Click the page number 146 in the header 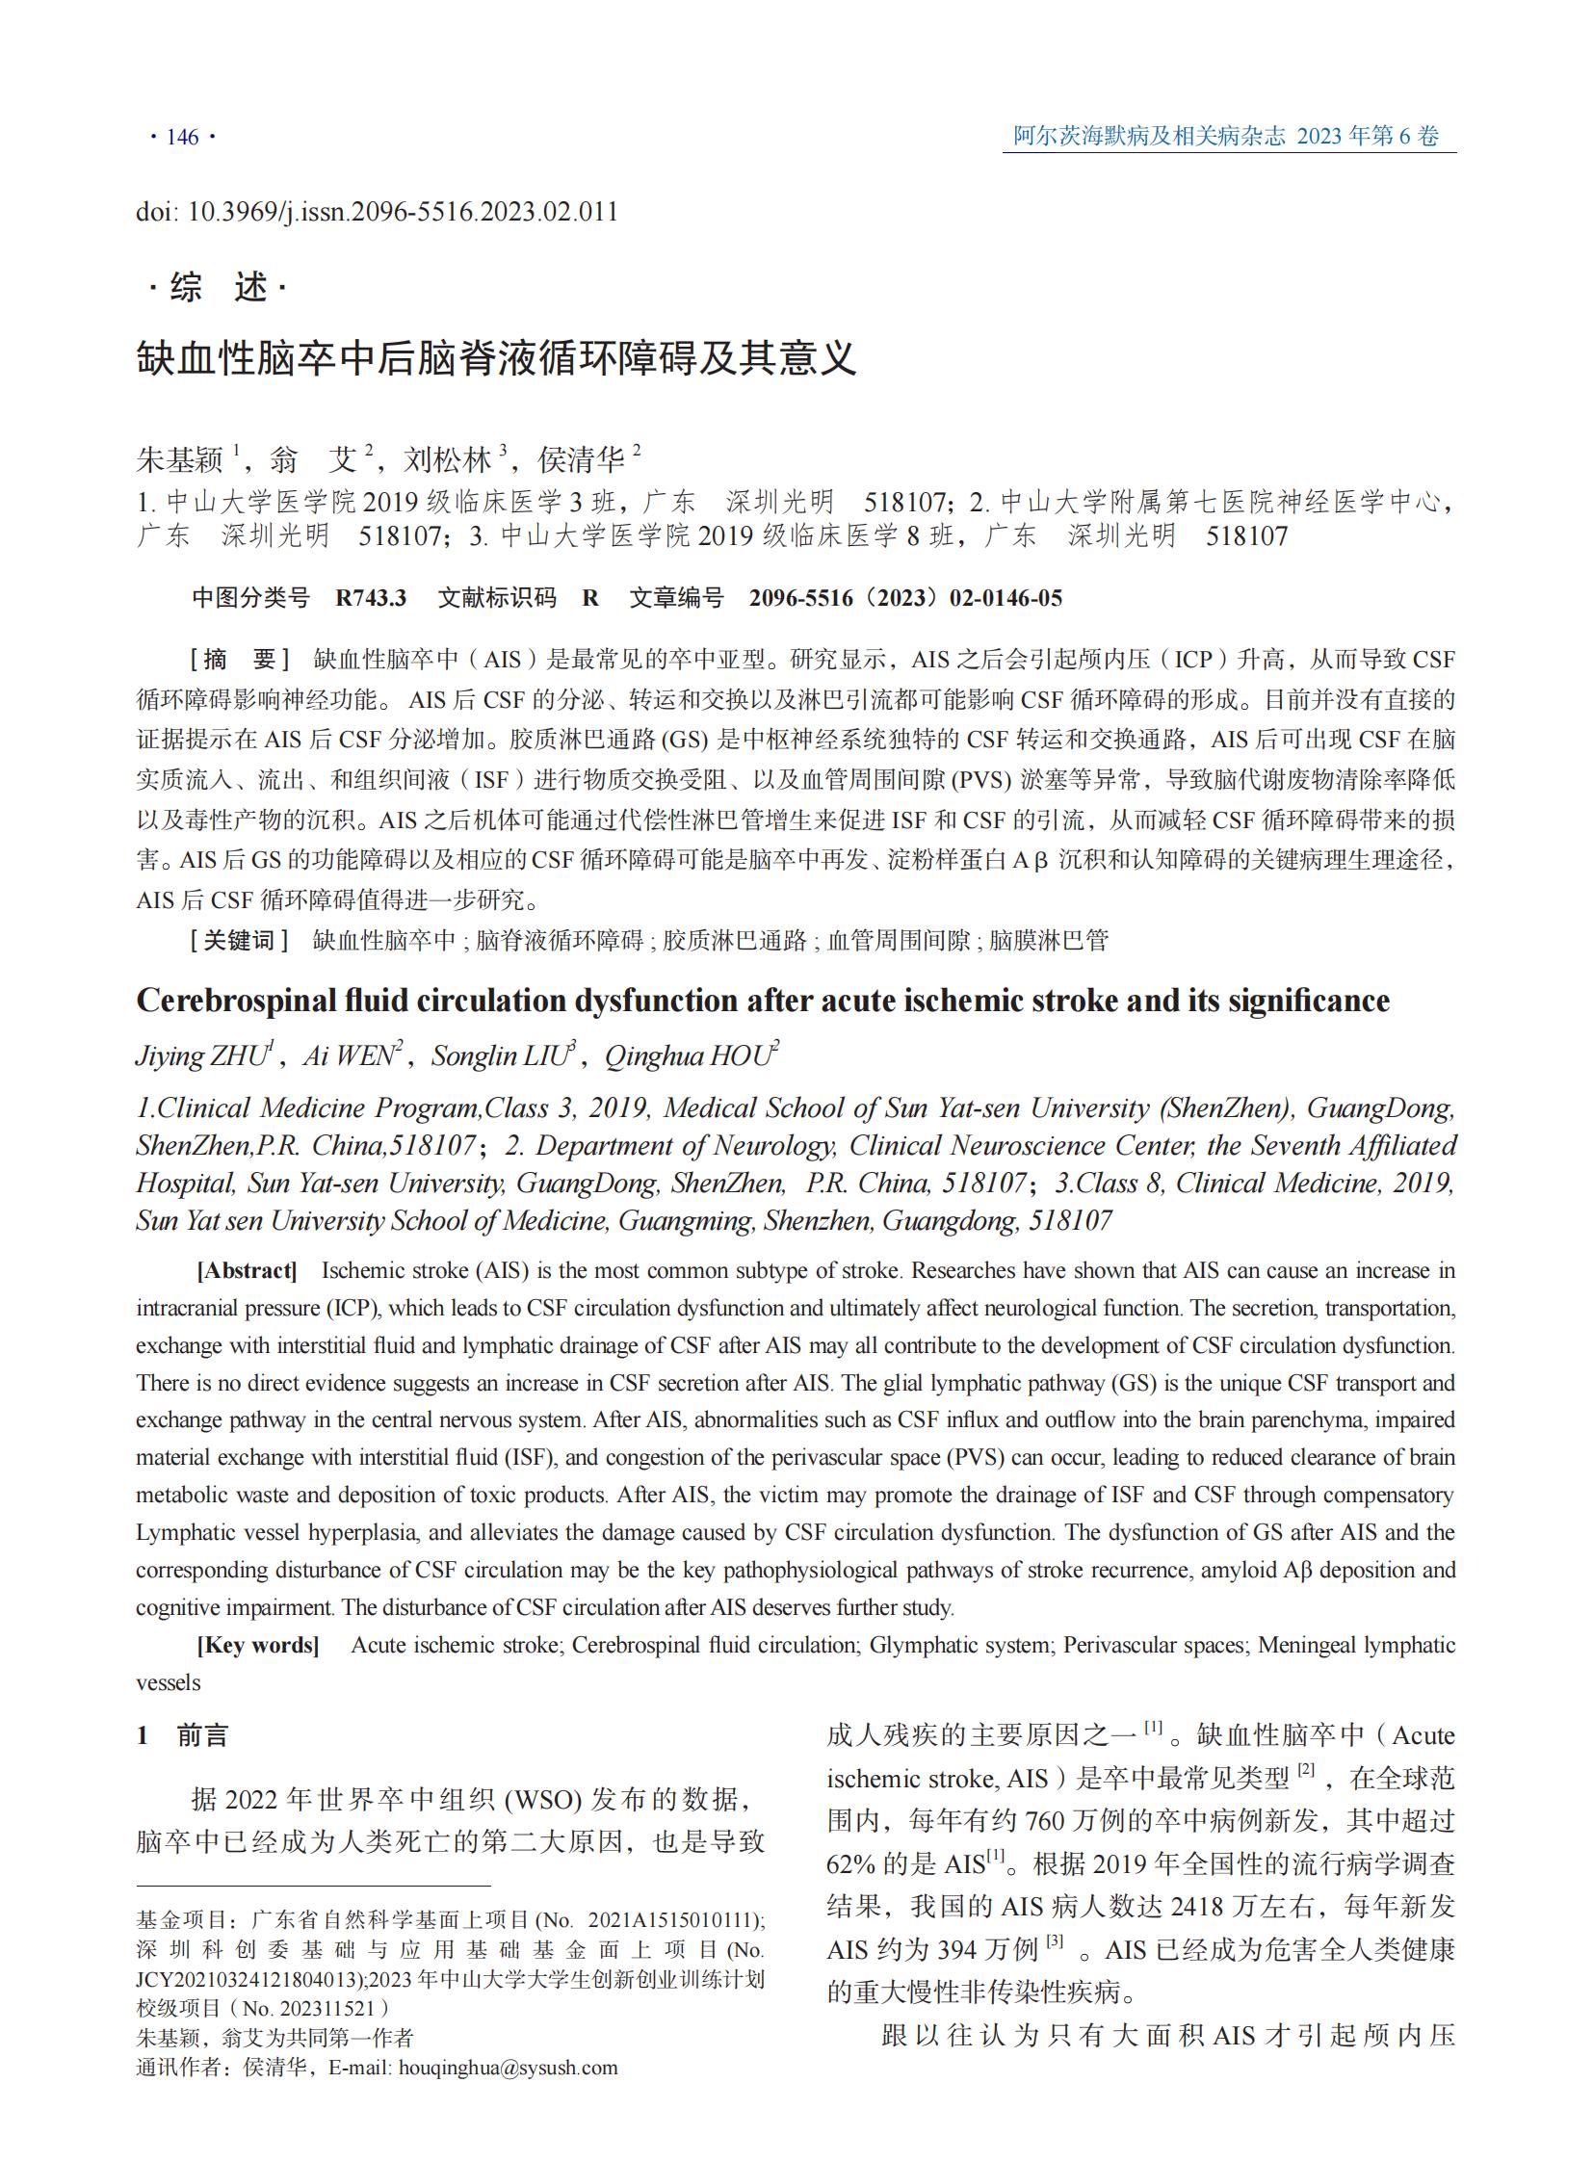point(182,137)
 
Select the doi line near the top point(377,212)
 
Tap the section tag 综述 point(218,287)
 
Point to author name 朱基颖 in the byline point(179,460)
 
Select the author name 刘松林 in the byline point(447,460)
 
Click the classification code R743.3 point(371,598)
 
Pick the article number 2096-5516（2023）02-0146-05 point(905,598)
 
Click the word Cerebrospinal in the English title point(235,1001)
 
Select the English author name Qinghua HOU point(689,1055)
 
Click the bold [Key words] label point(257,1644)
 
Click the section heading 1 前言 point(182,1735)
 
